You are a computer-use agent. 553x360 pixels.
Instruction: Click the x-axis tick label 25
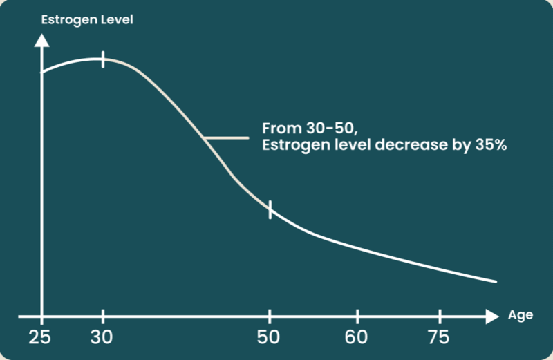(42, 338)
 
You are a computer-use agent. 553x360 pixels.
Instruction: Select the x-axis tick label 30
(103, 338)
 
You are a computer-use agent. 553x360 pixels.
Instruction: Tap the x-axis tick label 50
(270, 338)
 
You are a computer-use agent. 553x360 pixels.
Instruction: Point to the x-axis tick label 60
(357, 338)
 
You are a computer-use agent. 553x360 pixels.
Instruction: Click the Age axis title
(521, 315)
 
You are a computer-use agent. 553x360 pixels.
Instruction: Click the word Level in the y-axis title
(117, 19)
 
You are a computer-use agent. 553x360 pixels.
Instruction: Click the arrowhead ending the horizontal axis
(491, 316)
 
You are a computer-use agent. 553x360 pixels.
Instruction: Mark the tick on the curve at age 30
(103, 59)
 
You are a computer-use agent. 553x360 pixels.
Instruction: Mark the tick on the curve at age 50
(270, 208)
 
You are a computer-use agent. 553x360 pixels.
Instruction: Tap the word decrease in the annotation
(405, 146)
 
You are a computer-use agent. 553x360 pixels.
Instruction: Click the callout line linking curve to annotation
(227, 138)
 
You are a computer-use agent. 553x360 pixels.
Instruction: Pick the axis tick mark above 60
(357, 316)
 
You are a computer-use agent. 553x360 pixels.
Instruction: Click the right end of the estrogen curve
(496, 282)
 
